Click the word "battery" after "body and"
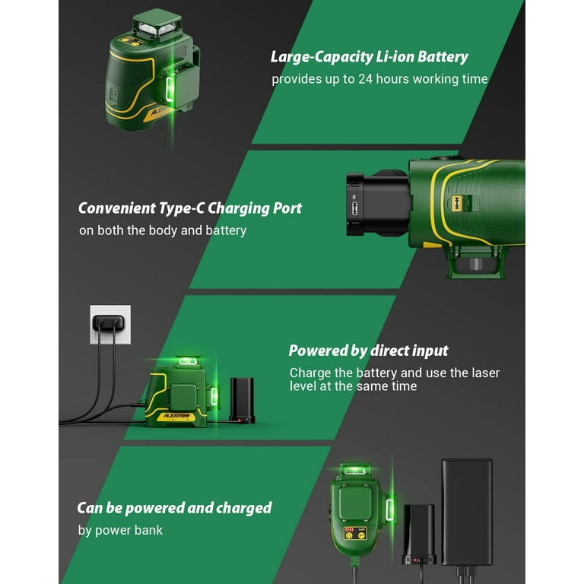coord(226,230)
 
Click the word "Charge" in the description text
coord(312,373)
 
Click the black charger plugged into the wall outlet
coord(109,324)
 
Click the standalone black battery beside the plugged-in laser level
coord(242,398)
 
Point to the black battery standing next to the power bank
coord(418,532)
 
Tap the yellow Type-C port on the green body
coord(458,203)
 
